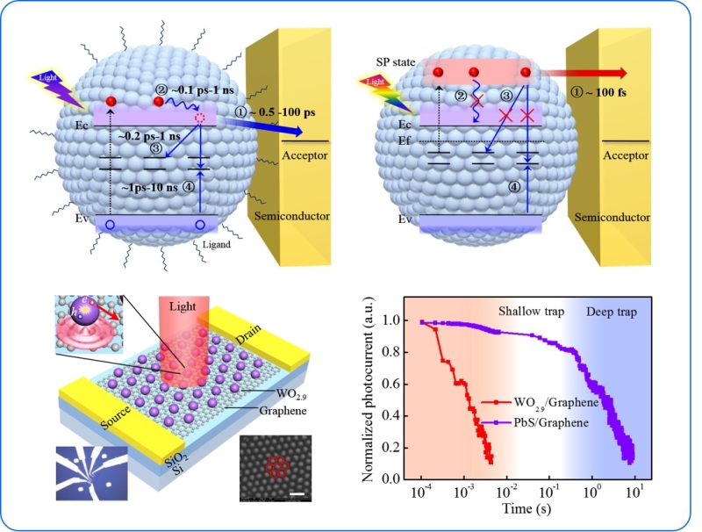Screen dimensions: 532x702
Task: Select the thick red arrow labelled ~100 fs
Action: (x=588, y=73)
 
